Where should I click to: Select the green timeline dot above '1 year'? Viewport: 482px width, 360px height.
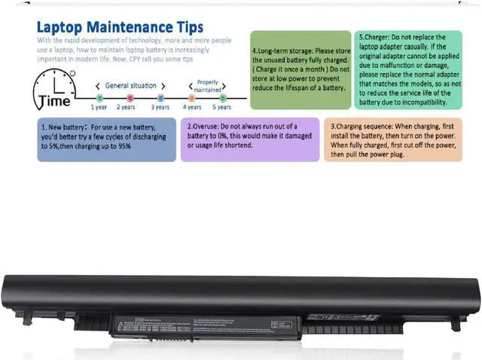coord(99,97)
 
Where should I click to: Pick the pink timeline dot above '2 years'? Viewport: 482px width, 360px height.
coord(130,97)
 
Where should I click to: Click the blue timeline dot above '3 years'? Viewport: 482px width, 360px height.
coord(160,97)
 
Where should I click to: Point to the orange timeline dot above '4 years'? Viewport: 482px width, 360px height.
coord(192,97)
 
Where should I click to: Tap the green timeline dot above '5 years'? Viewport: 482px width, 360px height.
coord(223,97)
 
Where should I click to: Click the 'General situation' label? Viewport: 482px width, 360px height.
coord(130,85)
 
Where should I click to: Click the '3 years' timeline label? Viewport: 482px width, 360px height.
coord(160,108)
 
